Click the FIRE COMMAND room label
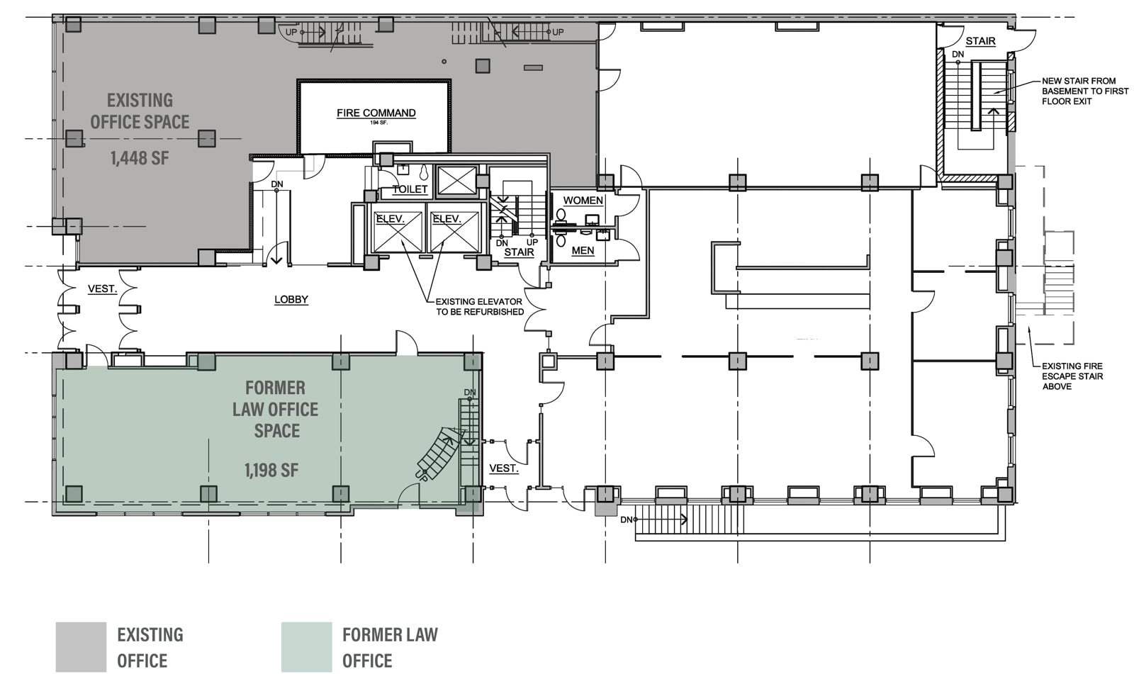[376, 113]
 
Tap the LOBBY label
[291, 299]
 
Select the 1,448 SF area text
[140, 159]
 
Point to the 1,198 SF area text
[271, 471]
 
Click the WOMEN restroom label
[583, 201]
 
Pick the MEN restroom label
[583, 251]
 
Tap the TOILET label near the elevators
[410, 189]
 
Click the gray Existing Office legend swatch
[81, 647]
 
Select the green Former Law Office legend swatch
[307, 647]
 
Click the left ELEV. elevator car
[398, 232]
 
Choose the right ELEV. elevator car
[454, 232]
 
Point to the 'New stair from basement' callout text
[1085, 91]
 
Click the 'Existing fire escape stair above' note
[1072, 376]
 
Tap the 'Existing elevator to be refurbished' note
[479, 307]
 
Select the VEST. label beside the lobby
[102, 289]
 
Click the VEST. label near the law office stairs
[504, 468]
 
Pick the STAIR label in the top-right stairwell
[981, 41]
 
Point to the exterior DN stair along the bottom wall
[689, 519]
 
